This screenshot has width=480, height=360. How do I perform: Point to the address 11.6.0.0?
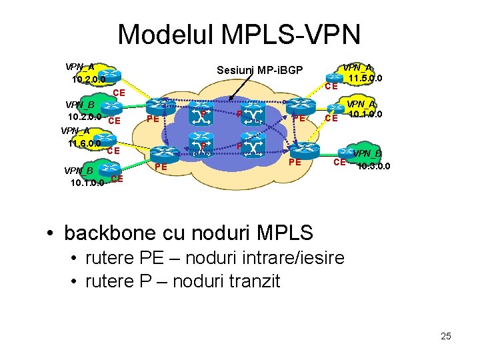(84, 143)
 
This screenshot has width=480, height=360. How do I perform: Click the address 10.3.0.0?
(374, 166)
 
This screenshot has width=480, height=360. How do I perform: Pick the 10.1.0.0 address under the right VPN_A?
(365, 114)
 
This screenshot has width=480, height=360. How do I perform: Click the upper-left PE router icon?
(158, 105)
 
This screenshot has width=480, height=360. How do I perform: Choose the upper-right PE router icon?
(301, 105)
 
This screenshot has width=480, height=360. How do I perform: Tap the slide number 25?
(446, 336)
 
